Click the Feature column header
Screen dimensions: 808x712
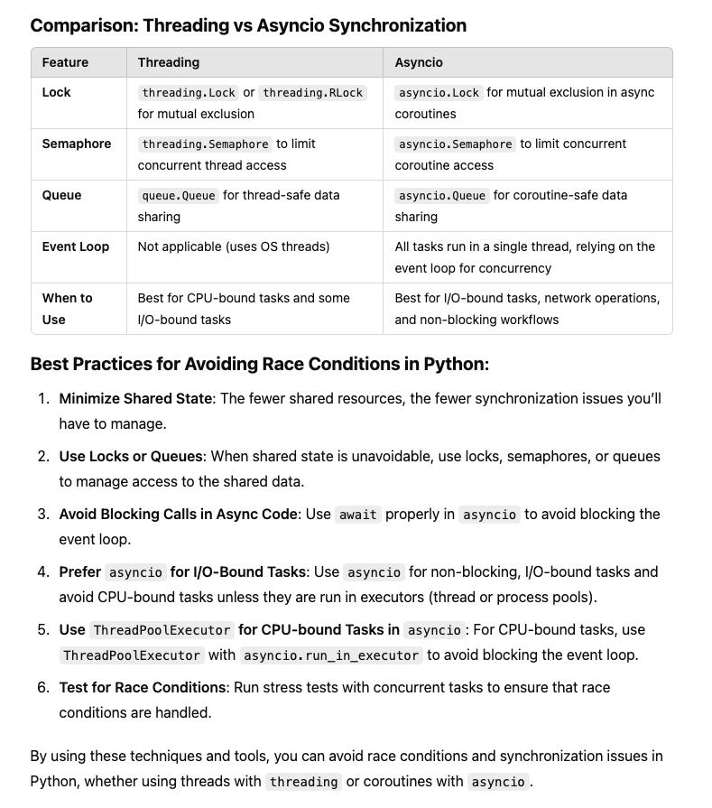click(x=65, y=62)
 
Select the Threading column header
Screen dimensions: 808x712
click(x=169, y=62)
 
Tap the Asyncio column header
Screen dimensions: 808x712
click(x=419, y=62)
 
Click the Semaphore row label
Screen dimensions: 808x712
click(x=77, y=144)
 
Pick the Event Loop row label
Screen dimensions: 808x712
click(x=76, y=246)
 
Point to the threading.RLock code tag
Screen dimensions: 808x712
click(x=314, y=92)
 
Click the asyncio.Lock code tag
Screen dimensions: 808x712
click(x=439, y=92)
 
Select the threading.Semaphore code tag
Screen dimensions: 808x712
click(x=205, y=144)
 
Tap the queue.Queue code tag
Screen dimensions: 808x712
click(x=179, y=195)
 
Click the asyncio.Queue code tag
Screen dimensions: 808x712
click(x=442, y=195)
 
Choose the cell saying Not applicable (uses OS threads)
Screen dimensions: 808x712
click(x=234, y=246)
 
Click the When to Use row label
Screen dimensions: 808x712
click(x=67, y=308)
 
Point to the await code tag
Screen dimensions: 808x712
click(x=358, y=515)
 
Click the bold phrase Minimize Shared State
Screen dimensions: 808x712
click(x=135, y=398)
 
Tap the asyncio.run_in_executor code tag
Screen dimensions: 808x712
click(x=331, y=655)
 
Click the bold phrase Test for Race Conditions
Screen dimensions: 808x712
click(x=143, y=687)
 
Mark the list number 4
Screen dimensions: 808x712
click(x=43, y=571)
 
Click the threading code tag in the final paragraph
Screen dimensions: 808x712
click(x=304, y=782)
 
